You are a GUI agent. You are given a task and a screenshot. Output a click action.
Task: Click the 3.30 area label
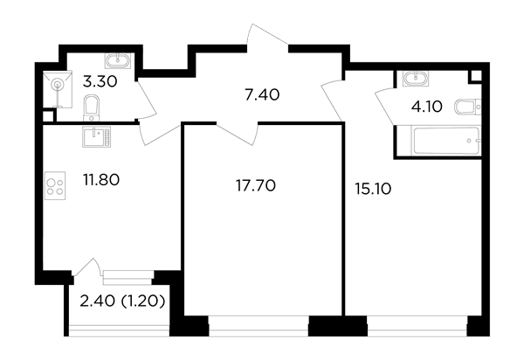coord(100,81)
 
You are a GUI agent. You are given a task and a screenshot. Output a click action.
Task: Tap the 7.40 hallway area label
coord(262,95)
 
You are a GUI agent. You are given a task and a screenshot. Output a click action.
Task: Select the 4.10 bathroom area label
coord(427,107)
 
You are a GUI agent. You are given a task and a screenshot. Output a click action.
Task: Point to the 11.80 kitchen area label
coord(101,180)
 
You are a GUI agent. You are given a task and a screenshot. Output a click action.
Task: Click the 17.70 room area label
coord(256,185)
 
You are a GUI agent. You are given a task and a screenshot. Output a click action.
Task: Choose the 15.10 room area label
coord(373,190)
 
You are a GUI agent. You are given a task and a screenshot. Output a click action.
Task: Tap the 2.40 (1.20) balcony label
coord(122,301)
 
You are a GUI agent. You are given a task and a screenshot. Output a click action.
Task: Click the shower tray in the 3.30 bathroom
coord(58,89)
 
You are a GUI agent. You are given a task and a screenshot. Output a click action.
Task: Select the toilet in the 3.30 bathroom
coord(91,107)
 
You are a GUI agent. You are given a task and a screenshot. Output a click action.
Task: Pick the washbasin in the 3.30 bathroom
coord(118,61)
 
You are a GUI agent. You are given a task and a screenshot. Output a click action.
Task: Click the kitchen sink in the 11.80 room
coord(96,136)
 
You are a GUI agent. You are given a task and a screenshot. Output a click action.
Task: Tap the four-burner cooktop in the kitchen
coord(55,185)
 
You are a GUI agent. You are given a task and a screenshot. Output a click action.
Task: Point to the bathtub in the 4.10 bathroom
coord(447,141)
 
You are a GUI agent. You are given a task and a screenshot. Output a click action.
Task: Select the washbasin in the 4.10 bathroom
coord(416,79)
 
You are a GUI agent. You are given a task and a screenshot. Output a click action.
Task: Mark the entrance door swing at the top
coord(267,38)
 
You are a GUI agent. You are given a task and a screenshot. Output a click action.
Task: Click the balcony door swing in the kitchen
coord(87,267)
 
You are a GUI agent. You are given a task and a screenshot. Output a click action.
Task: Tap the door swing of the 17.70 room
coord(238,134)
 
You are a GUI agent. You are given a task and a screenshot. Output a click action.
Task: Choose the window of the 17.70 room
coord(259,326)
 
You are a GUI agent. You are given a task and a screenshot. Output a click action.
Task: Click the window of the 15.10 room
coord(417,326)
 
